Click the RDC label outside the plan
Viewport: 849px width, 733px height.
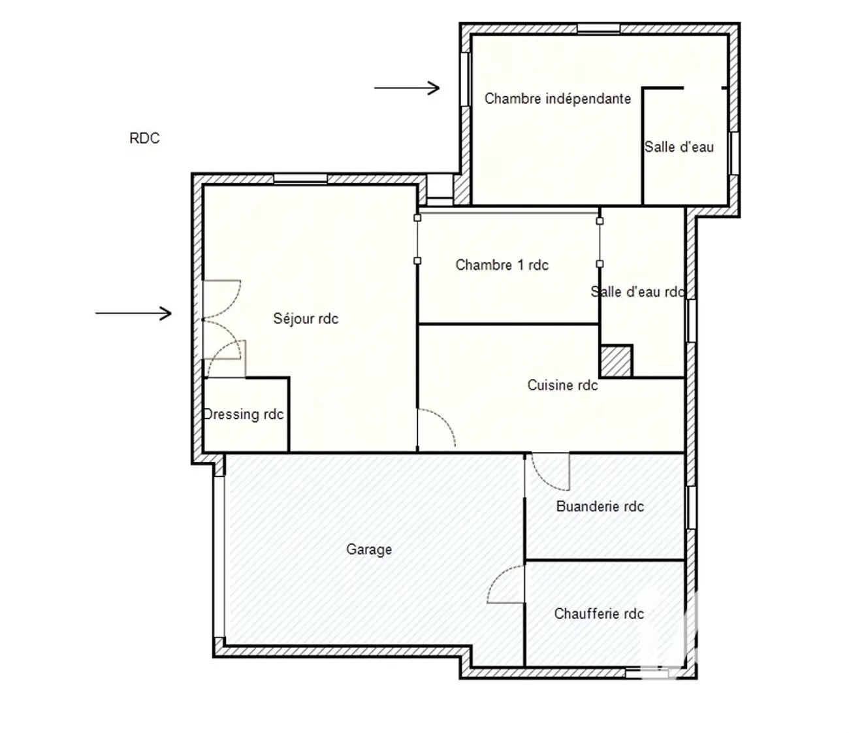pyautogui.click(x=144, y=138)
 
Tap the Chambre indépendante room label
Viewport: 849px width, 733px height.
pyautogui.click(x=557, y=99)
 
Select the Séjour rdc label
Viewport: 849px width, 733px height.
pyautogui.click(x=306, y=318)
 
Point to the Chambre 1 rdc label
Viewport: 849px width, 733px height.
pyautogui.click(x=502, y=265)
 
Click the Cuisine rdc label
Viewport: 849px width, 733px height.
pyautogui.click(x=562, y=385)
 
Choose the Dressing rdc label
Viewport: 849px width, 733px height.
pyautogui.click(x=244, y=414)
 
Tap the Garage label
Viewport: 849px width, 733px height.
pyautogui.click(x=369, y=549)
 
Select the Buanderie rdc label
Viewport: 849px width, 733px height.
pyautogui.click(x=600, y=506)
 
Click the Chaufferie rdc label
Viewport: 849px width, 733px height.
pyautogui.click(x=599, y=613)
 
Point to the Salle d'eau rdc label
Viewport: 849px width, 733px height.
pyautogui.click(x=637, y=292)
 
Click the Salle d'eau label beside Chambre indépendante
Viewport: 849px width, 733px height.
pyautogui.click(x=679, y=147)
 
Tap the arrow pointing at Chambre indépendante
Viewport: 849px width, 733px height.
pyautogui.click(x=407, y=88)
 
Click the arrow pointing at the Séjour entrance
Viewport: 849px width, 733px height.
pyautogui.click(x=133, y=314)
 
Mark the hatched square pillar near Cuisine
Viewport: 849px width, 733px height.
pyautogui.click(x=616, y=361)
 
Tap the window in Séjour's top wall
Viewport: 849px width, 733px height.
pyautogui.click(x=300, y=179)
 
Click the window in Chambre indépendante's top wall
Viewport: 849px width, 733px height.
pyautogui.click(x=598, y=28)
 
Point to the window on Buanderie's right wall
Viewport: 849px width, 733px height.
pyautogui.click(x=692, y=508)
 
